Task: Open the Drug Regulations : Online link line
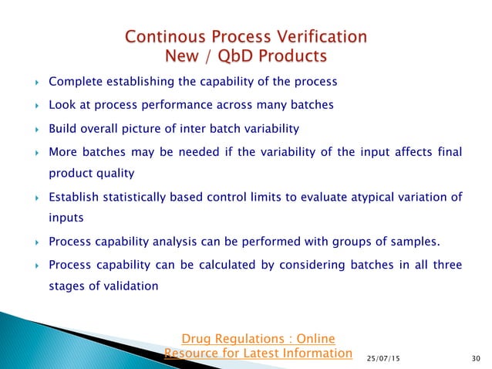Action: pyautogui.click(x=258, y=338)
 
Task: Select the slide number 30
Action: pyautogui.click(x=473, y=357)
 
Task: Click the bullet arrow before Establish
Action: pyautogui.click(x=32, y=198)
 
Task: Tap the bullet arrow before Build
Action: pyautogui.click(x=32, y=129)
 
